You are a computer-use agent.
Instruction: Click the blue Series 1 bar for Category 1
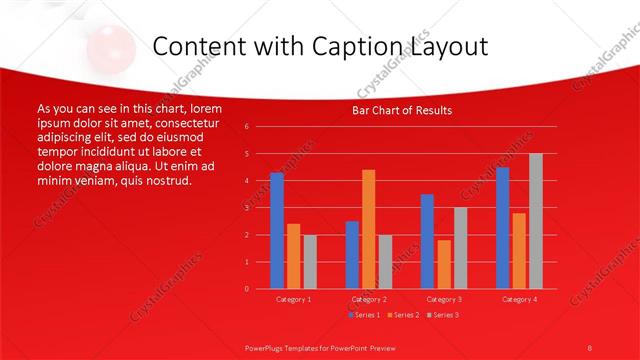pyautogui.click(x=277, y=231)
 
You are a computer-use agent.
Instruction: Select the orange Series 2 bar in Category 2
pyautogui.click(x=368, y=229)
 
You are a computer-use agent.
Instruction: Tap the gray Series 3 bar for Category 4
pyautogui.click(x=536, y=221)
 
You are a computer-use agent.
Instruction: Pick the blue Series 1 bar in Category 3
pyautogui.click(x=427, y=241)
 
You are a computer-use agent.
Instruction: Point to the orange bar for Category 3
pyautogui.click(x=444, y=264)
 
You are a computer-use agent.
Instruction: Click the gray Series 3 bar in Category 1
pyautogui.click(x=310, y=262)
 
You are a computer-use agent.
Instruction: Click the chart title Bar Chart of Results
pyautogui.click(x=402, y=110)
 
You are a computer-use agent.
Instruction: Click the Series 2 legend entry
pyautogui.click(x=402, y=315)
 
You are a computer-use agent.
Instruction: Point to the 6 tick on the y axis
pyautogui.click(x=247, y=127)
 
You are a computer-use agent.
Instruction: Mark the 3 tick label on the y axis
pyautogui.click(x=247, y=208)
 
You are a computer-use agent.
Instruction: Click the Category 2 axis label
pyautogui.click(x=368, y=299)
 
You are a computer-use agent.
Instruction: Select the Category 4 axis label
pyautogui.click(x=519, y=299)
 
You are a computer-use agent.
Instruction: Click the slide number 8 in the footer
pyautogui.click(x=590, y=347)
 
